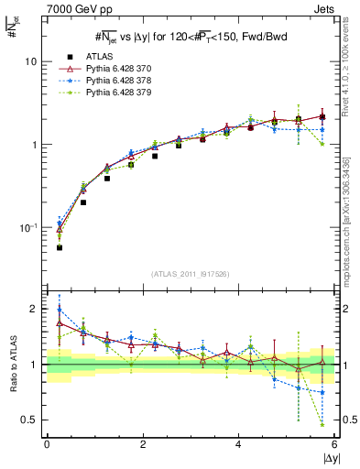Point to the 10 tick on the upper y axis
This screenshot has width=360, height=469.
click(x=29, y=61)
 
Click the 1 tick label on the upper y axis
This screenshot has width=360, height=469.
click(x=33, y=145)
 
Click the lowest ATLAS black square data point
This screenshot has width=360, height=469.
click(x=60, y=247)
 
